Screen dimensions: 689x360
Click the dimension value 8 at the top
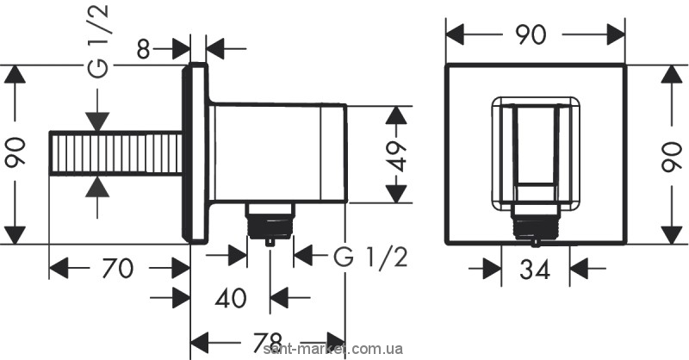click(x=144, y=47)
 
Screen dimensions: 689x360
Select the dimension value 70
click(x=116, y=270)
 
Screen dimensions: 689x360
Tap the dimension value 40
click(x=230, y=298)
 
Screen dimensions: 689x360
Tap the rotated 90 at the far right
click(x=675, y=154)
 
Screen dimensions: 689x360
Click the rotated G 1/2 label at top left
click(x=100, y=41)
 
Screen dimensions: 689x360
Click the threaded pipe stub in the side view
click(x=116, y=154)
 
